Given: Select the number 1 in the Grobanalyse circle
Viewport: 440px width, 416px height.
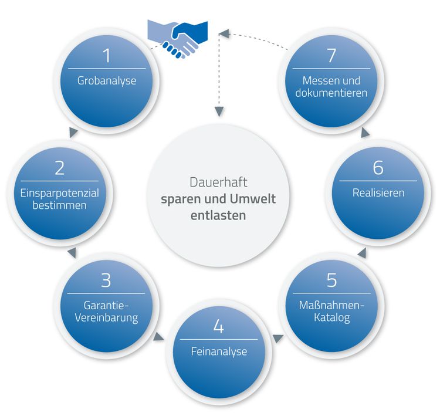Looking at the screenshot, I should click(106, 56).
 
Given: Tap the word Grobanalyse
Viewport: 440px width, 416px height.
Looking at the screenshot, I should click(106, 80).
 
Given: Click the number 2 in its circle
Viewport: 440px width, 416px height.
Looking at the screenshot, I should click(59, 168).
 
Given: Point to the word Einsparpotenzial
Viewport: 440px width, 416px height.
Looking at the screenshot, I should click(59, 193).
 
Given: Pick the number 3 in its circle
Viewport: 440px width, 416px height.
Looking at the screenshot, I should click(106, 280).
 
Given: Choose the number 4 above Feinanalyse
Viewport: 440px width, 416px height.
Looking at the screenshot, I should click(219, 327).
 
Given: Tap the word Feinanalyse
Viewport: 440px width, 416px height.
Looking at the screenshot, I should click(219, 352).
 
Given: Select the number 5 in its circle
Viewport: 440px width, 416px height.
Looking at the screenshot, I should click(331, 280).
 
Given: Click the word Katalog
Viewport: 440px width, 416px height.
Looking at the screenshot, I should click(331, 318).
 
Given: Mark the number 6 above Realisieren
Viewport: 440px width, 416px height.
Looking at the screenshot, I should click(378, 168).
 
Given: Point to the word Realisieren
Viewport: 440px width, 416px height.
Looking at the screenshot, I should click(378, 192).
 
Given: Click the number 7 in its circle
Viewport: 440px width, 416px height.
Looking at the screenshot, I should click(331, 56).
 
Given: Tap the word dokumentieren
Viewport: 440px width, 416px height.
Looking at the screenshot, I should click(331, 93).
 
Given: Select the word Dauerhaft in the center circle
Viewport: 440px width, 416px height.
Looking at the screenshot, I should click(218, 182).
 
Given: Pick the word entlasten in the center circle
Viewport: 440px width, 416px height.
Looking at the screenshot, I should click(218, 215).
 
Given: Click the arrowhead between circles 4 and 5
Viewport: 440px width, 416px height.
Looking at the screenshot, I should click(279, 339).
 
